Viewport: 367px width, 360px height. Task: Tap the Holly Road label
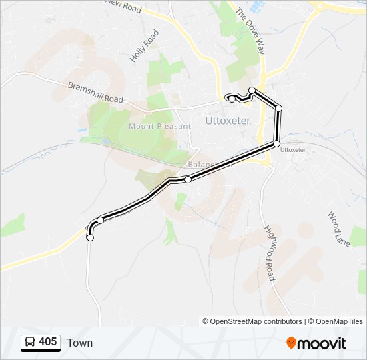coord(145,47)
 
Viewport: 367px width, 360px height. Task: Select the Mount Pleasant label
coord(151,126)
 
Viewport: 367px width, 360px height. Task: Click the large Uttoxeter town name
coord(228,121)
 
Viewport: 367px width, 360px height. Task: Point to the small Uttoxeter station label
coord(294,150)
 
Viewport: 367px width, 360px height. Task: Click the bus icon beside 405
coord(30,343)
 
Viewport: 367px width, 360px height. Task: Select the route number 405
coord(47,343)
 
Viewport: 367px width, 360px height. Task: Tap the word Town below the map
coord(80,343)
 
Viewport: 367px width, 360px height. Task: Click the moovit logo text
coord(322,344)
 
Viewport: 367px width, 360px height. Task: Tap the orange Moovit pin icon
coord(291,343)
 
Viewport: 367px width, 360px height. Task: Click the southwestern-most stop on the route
coord(90,237)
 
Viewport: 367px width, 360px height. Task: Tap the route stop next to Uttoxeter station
coord(276,143)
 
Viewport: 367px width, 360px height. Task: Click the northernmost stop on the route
coord(252,90)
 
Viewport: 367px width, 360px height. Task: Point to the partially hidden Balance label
coord(202,165)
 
